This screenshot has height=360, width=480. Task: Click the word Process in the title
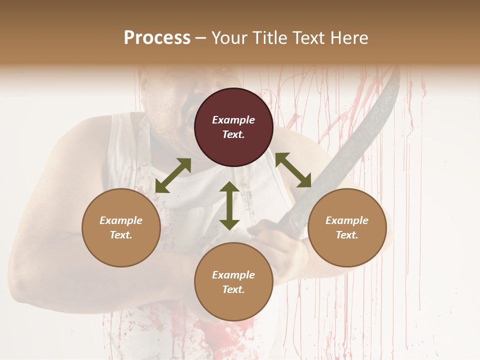(157, 38)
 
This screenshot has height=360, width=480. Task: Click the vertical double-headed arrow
(229, 205)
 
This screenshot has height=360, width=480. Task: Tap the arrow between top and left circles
(173, 175)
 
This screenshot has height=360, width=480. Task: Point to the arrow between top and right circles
(293, 170)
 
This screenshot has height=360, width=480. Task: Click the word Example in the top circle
(233, 120)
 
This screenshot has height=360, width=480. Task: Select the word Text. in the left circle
(121, 235)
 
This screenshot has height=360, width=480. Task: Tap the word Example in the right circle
(347, 220)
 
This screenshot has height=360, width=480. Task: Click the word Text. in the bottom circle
(233, 289)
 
